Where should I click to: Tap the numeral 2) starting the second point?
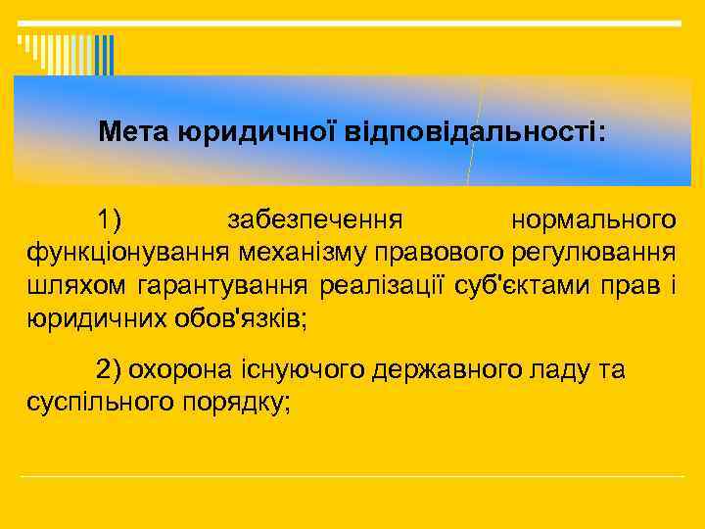pos(108,369)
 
